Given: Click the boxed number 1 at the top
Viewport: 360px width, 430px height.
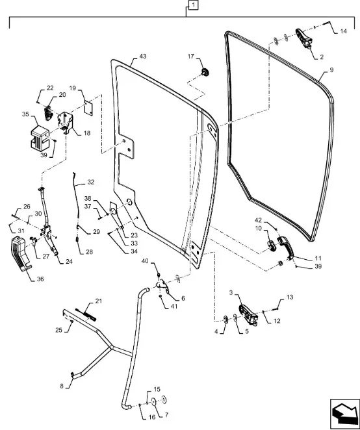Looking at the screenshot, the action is tap(194, 5).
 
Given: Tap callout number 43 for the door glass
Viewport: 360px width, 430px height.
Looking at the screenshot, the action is tap(143, 57).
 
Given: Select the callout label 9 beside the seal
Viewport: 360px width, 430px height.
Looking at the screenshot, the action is tap(331, 70).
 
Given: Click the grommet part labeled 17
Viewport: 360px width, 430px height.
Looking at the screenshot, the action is tap(205, 72).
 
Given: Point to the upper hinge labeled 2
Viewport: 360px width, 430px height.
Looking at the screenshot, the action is tap(303, 38).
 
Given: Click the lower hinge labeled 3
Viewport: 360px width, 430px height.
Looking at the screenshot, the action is tap(248, 314).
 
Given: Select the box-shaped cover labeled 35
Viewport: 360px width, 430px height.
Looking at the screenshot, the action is tap(40, 138).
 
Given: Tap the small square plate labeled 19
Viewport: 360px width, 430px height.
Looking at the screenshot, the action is tap(88, 107).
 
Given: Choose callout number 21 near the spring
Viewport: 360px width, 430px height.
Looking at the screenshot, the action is tap(99, 301).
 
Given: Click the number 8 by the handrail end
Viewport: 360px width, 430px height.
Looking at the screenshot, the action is tap(62, 386).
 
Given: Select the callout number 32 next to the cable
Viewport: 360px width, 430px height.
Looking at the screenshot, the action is tap(91, 182).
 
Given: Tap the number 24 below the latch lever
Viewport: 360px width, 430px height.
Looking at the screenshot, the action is tap(69, 262).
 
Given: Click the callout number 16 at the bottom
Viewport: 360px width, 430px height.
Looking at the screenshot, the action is tap(152, 417).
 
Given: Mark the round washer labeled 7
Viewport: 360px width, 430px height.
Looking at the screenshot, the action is tap(153, 401).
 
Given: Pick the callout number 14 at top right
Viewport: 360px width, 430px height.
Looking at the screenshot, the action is tap(343, 31).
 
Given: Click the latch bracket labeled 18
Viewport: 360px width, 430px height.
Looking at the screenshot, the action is tap(65, 121).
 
